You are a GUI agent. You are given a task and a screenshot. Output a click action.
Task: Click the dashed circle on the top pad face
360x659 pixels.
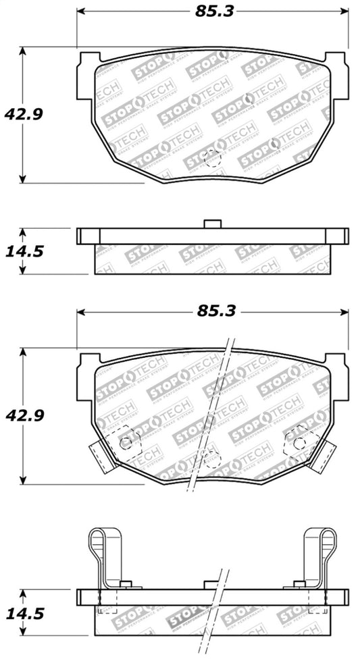pyautogui.click(x=212, y=158)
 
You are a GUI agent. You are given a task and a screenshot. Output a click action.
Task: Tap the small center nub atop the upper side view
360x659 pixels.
pyautogui.click(x=213, y=223)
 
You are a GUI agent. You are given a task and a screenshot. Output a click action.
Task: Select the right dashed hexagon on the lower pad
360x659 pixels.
pyautogui.click(x=299, y=442)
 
